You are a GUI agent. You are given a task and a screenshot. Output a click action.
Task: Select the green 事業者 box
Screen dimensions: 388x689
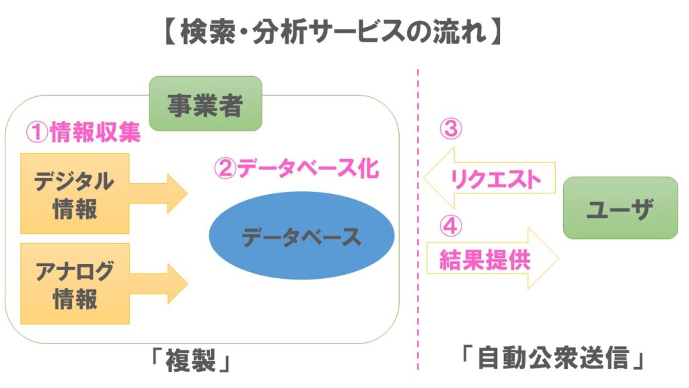pos(205,104)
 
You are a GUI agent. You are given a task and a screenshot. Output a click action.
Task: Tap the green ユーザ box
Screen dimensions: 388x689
pos(620,208)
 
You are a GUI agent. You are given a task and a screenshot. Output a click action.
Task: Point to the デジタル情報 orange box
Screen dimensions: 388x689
pos(74,193)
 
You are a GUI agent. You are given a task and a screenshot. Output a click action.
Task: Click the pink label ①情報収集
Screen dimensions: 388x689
pos(83,133)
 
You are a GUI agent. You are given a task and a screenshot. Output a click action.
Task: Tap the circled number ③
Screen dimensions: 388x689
pos(450,129)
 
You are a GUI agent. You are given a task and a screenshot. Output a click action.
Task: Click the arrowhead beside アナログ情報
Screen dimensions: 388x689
pos(176,283)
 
